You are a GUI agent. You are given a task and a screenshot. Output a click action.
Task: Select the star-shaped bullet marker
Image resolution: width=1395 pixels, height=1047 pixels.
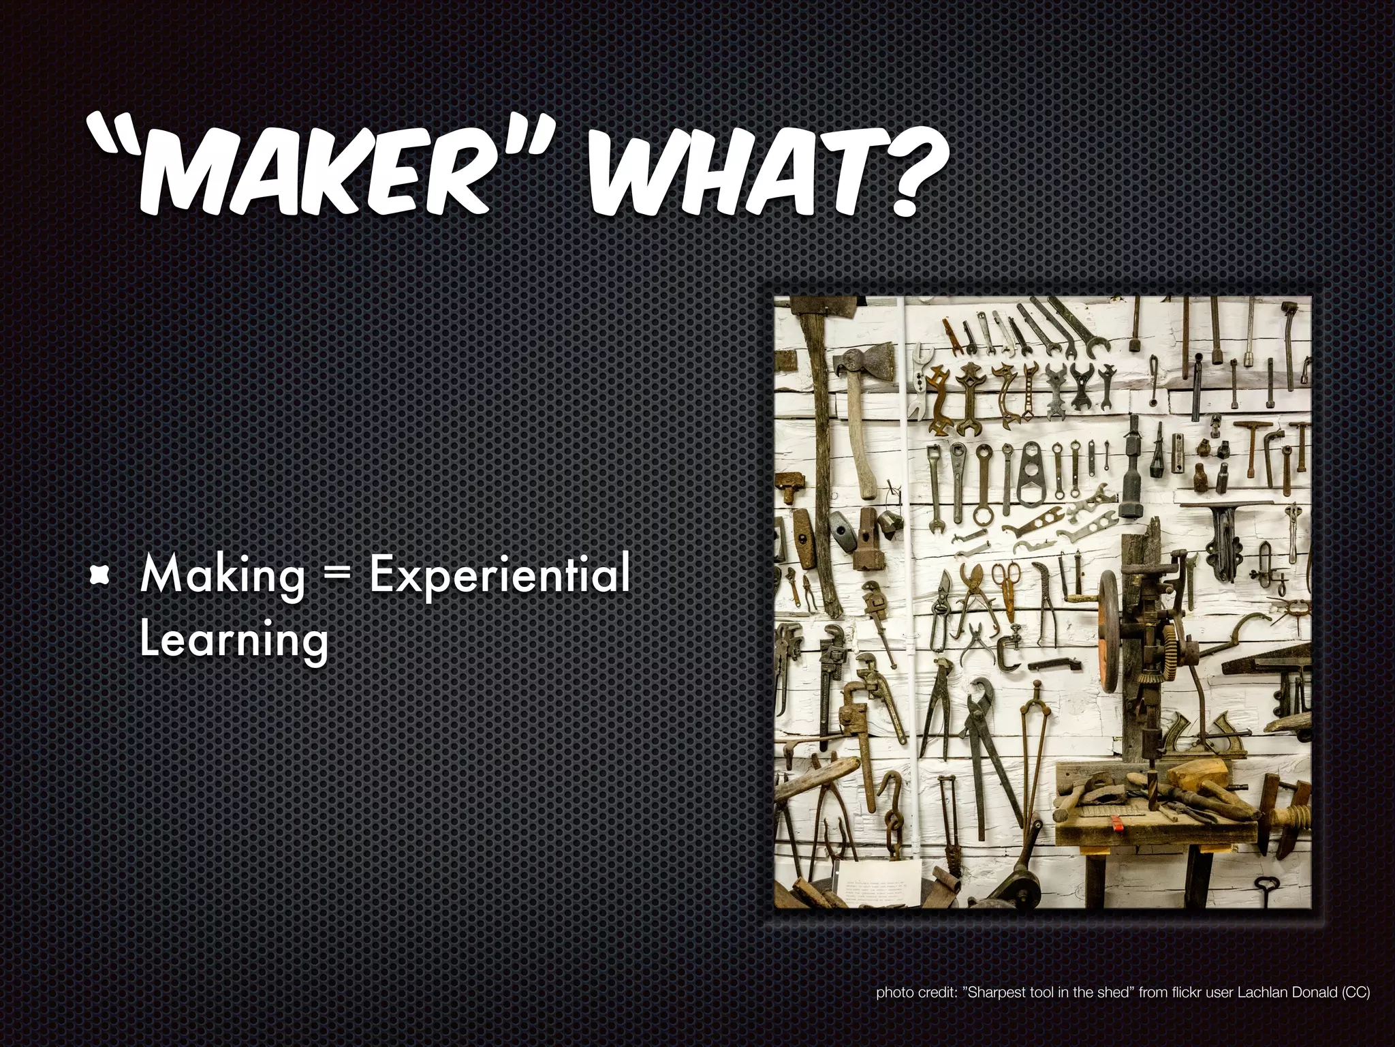point(100,576)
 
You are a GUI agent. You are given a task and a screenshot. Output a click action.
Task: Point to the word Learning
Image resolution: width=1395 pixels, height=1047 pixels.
point(234,641)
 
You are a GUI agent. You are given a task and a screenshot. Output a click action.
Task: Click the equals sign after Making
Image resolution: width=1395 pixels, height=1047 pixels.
point(337,576)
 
